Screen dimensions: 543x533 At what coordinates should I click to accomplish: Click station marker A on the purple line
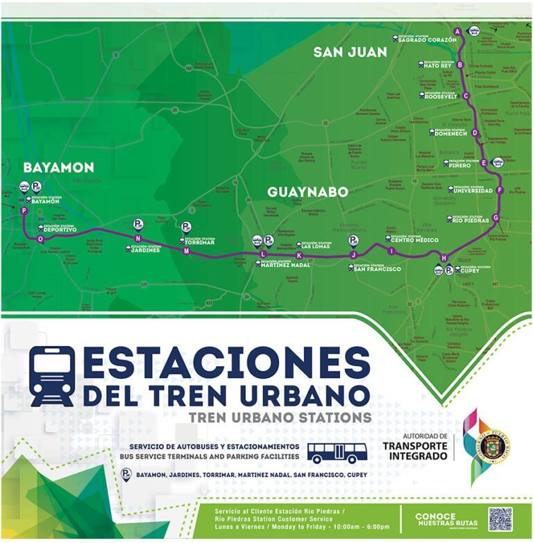457,32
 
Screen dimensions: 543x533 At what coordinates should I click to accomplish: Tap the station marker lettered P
24,211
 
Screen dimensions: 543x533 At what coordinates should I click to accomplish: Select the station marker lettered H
444,259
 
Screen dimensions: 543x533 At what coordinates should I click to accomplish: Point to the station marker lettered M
186,251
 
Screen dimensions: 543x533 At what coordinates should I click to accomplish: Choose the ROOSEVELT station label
441,96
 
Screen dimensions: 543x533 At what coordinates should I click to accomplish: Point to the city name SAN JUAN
350,52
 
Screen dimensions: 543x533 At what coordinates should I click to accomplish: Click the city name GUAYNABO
307,191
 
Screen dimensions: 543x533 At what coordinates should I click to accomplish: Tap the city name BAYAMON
58,168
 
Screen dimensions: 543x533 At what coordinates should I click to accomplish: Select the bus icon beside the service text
336,453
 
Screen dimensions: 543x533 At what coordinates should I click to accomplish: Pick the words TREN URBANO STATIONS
280,417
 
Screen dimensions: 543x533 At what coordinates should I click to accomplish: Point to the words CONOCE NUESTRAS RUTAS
446,519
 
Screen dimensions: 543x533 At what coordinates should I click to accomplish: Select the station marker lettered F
499,190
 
